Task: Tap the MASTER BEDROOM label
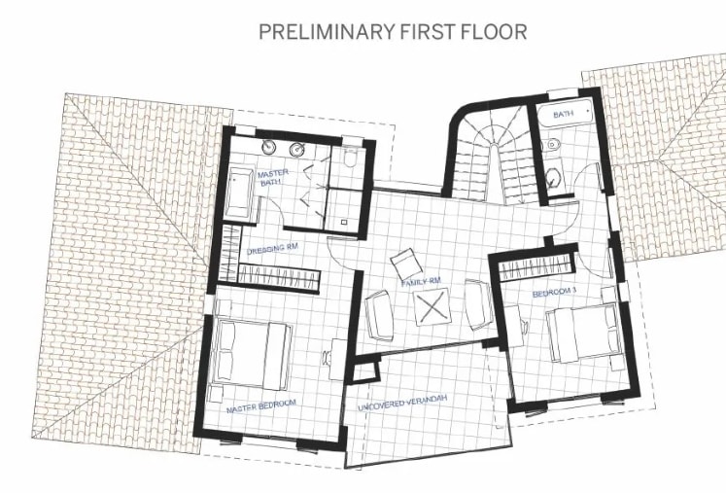pos(261,406)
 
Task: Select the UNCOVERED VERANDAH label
pos(402,404)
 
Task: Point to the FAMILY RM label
pos(421,281)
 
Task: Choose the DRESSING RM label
pos(272,249)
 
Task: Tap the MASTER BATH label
pos(272,178)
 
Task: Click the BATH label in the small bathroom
pos(563,113)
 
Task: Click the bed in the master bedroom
pos(251,355)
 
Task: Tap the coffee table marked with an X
pos(432,306)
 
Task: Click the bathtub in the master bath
pos(239,194)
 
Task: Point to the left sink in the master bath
pos(268,148)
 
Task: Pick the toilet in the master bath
pos(351,158)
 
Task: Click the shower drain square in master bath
pos(344,222)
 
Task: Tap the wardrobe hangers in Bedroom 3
pos(536,267)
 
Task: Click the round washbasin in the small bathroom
pos(552,178)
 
